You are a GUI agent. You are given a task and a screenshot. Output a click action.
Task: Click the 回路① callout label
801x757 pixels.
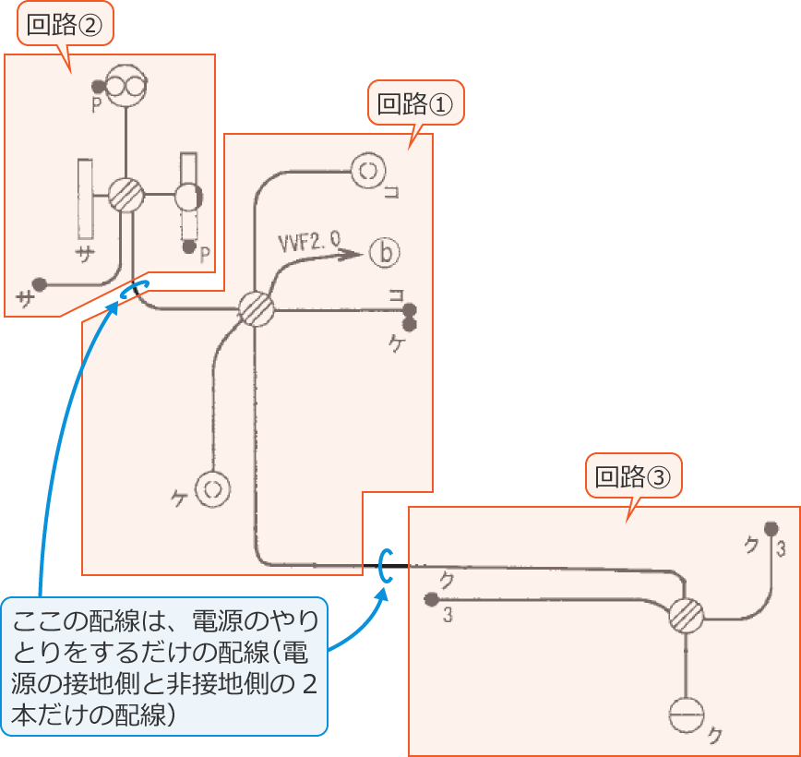coord(415,103)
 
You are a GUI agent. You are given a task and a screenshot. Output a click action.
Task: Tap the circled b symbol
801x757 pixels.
coord(385,252)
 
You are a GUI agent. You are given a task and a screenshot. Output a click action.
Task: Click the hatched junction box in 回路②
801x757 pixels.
coord(126,195)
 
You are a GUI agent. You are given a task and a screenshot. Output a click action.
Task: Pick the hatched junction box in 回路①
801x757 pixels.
coord(256,309)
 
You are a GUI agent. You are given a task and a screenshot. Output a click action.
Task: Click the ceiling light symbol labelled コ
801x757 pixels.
coord(367,171)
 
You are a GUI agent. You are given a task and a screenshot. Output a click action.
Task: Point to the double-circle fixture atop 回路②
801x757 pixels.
coord(126,87)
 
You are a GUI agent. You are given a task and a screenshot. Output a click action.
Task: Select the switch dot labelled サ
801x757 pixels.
coord(39,283)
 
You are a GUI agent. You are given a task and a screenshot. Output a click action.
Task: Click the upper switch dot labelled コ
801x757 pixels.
coord(409,310)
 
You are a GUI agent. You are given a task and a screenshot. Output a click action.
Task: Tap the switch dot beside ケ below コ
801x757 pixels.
coord(409,324)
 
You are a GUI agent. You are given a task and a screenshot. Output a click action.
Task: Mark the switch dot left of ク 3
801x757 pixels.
coord(430,598)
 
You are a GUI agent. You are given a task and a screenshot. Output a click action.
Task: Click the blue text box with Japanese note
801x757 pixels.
coord(165,666)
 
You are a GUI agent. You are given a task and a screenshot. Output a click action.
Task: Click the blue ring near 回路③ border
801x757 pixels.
coord(385,565)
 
